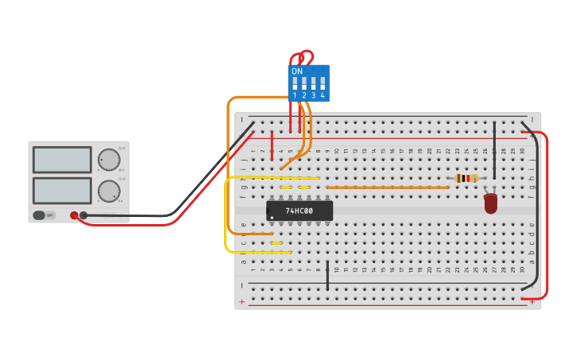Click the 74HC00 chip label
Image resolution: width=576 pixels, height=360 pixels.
point(300,211)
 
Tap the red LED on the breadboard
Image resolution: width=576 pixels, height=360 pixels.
point(490,203)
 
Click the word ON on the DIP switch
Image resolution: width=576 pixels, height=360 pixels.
point(297,72)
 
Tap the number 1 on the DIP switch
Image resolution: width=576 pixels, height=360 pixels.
point(295,95)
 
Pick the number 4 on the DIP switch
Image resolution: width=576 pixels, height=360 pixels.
point(323,95)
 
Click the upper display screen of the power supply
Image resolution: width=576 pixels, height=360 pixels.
point(62,159)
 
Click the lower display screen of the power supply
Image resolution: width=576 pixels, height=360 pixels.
point(62,190)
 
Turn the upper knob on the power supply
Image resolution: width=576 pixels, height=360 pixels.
point(109,159)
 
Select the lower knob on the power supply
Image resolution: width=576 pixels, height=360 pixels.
point(109,191)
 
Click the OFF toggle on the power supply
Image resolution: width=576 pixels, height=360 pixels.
point(44,215)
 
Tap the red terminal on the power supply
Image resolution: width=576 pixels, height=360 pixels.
point(74,215)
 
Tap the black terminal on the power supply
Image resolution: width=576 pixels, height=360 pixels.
point(83,215)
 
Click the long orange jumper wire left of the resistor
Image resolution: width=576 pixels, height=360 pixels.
point(387,188)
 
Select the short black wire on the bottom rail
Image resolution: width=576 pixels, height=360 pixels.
point(327,275)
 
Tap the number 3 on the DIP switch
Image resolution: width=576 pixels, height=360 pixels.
point(313,95)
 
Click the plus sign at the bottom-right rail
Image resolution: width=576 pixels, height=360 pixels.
point(532,302)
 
